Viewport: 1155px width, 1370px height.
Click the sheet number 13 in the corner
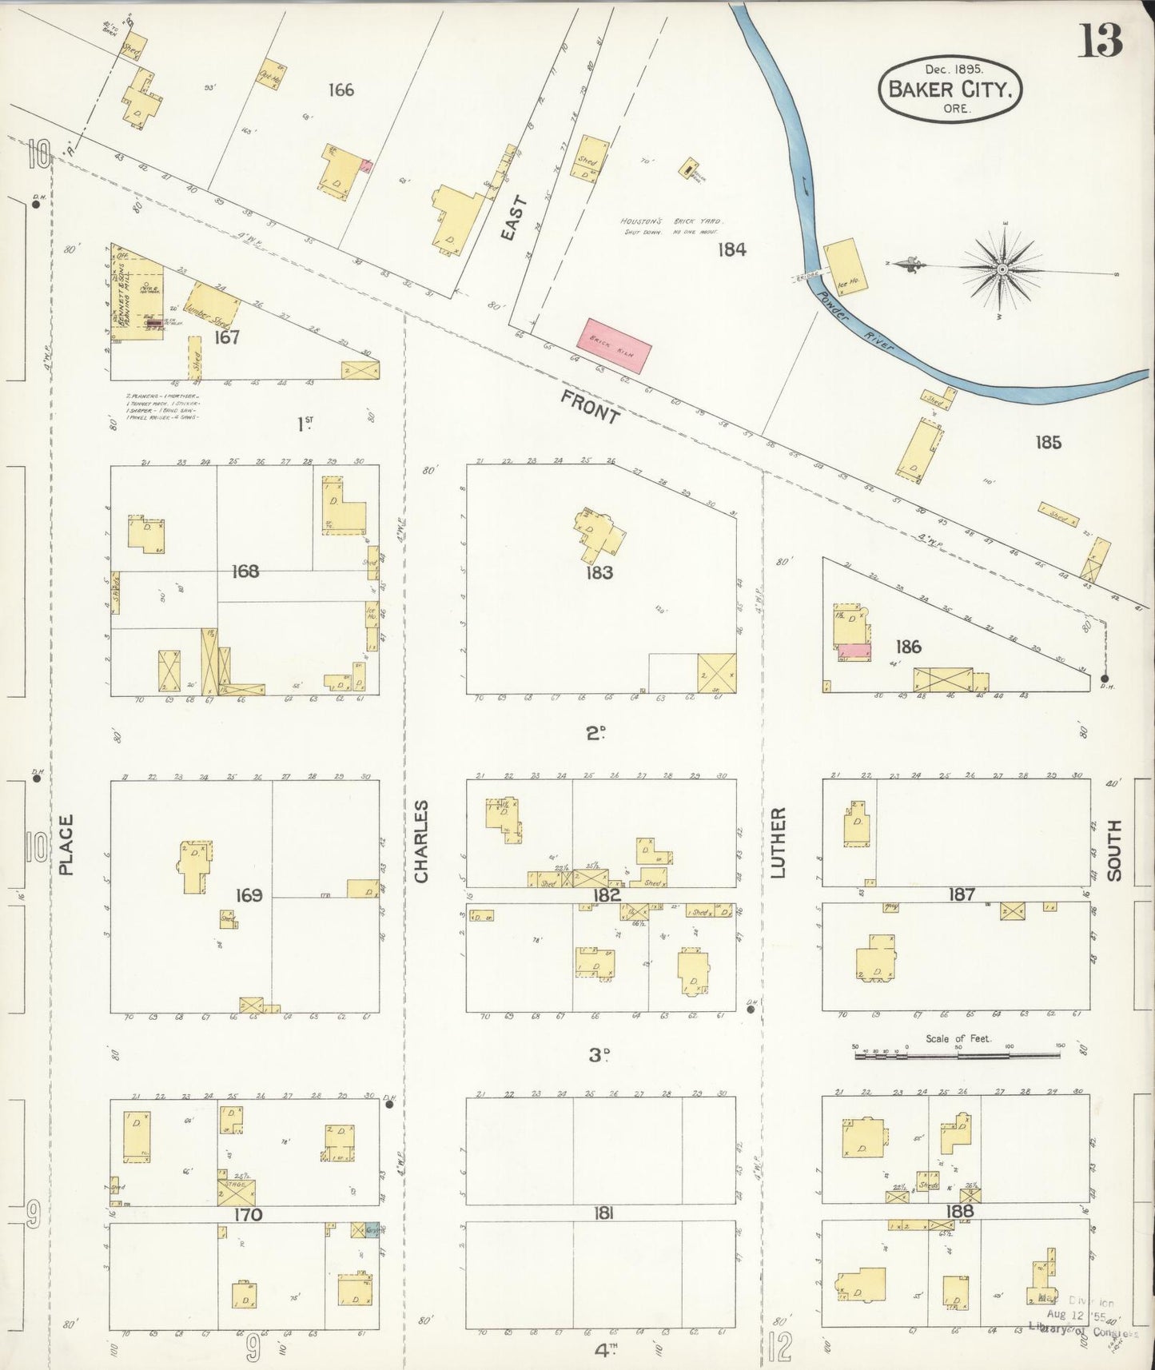pos(1101,40)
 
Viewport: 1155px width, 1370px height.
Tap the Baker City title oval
pos(950,89)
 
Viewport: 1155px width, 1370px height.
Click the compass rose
pos(1002,269)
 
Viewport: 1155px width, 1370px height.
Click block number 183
pos(599,572)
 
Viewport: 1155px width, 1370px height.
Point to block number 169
pos(249,895)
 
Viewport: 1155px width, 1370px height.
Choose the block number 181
pos(603,1213)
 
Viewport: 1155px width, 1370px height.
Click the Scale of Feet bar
pos(959,1055)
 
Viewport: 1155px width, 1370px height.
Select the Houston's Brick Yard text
pos(671,222)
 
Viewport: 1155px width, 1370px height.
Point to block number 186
pos(909,647)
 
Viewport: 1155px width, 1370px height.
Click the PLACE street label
pos(66,844)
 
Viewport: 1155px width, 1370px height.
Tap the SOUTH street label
pos(1114,850)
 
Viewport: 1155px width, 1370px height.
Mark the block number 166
pos(341,90)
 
